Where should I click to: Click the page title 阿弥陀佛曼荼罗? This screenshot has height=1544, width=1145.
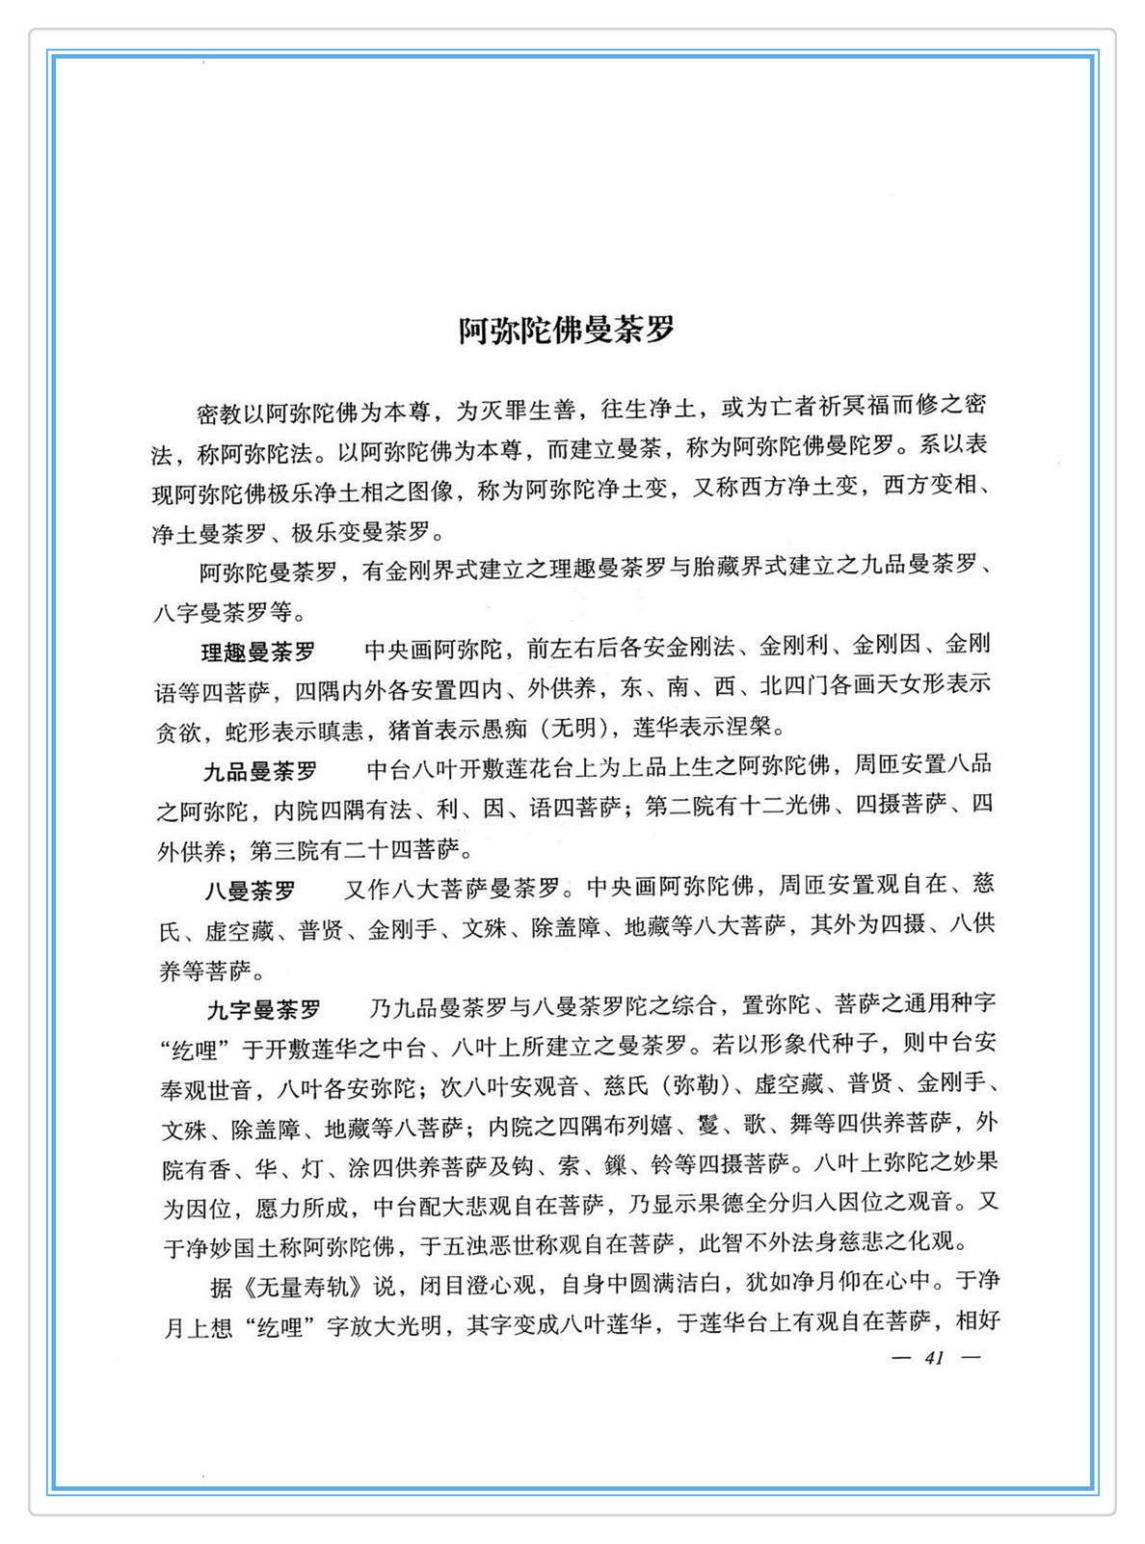click(566, 330)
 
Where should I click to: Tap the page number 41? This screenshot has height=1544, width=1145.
click(934, 1357)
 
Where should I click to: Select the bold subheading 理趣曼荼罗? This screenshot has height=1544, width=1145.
click(257, 652)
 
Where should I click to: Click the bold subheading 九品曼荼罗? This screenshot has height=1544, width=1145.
click(260, 772)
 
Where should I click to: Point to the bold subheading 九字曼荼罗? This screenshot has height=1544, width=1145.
click(264, 1010)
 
